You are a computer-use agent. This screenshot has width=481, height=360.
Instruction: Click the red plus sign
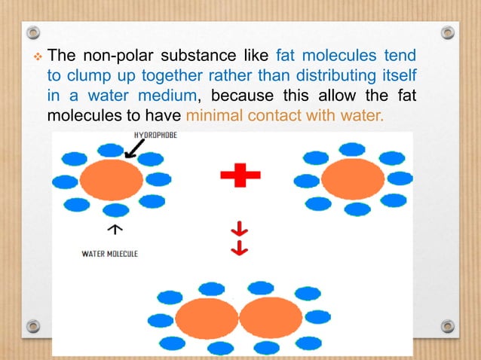coord(240,175)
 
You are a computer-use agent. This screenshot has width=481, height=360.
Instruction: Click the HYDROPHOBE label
coord(157,136)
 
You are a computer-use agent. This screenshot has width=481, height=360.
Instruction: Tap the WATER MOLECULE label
coord(109,254)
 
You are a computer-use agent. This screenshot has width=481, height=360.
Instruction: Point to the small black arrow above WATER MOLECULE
coord(114,227)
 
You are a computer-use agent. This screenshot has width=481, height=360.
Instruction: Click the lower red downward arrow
coord(240,249)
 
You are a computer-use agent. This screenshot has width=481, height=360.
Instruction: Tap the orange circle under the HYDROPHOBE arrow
coord(111,180)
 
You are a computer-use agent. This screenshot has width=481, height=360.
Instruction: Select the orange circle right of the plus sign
coord(353,179)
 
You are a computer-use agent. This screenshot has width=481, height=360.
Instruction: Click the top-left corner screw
coord(33,33)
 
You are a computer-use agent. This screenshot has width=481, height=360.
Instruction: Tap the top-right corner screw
coord(448,33)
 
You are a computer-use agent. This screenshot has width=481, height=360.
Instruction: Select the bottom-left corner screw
coord(33,326)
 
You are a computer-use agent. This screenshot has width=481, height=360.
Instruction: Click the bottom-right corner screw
coord(448,326)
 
